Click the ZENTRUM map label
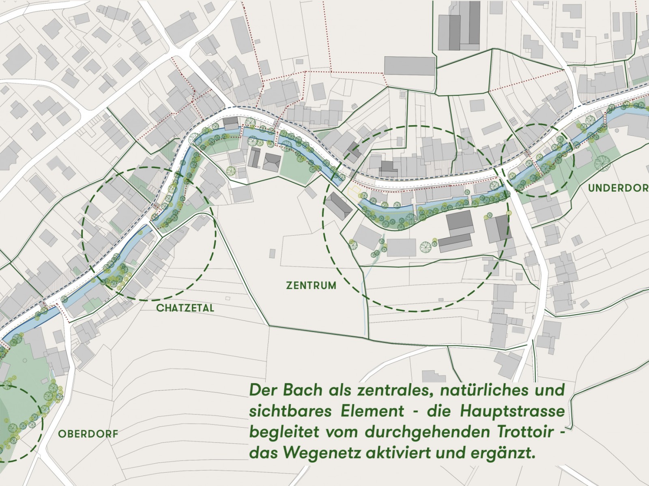[x=311, y=286]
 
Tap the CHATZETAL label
[x=185, y=308]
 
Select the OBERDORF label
[x=88, y=434]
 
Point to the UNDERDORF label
[x=618, y=188]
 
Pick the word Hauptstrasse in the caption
[x=512, y=411]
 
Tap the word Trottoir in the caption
[x=522, y=432]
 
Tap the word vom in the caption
[x=342, y=432]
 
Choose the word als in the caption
[x=341, y=390]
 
